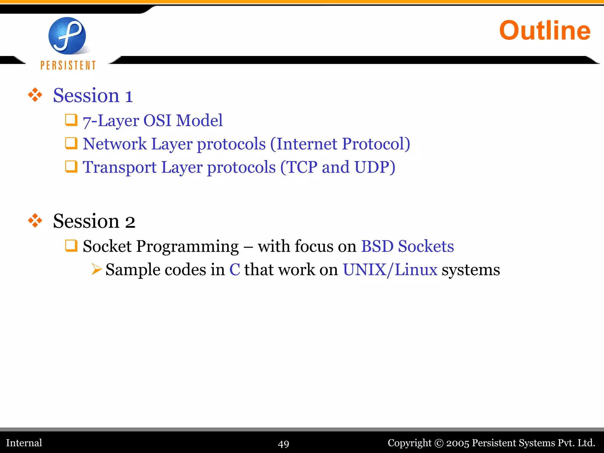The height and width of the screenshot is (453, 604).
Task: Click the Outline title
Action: coord(545,31)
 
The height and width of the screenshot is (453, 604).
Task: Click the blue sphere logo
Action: coord(67,36)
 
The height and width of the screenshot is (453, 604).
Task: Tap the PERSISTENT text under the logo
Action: coord(68,65)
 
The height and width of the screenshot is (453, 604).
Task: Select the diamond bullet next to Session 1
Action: coord(35,95)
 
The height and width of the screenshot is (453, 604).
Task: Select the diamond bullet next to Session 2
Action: coord(35,221)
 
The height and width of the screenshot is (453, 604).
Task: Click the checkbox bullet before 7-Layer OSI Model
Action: coord(71,120)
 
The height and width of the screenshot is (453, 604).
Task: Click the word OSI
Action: coord(157,121)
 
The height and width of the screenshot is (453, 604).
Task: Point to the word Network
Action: coord(114,144)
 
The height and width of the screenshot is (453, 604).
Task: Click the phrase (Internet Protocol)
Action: coord(340,144)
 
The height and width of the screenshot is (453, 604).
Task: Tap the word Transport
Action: coord(119,167)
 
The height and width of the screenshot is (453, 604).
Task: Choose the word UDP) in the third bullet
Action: coord(375,167)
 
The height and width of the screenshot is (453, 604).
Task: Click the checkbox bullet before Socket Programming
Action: coord(71,246)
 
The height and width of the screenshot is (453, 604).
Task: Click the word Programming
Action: coord(187,247)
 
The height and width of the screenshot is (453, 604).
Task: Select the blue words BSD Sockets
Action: coord(407,246)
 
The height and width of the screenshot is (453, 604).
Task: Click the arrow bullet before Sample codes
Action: coord(96,269)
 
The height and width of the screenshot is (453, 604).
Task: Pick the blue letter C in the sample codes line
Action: coord(235,270)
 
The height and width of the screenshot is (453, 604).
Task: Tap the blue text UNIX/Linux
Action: coord(390,270)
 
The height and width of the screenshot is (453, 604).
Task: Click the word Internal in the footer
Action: coord(24,443)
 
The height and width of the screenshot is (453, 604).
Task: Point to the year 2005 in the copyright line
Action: coord(457,443)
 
